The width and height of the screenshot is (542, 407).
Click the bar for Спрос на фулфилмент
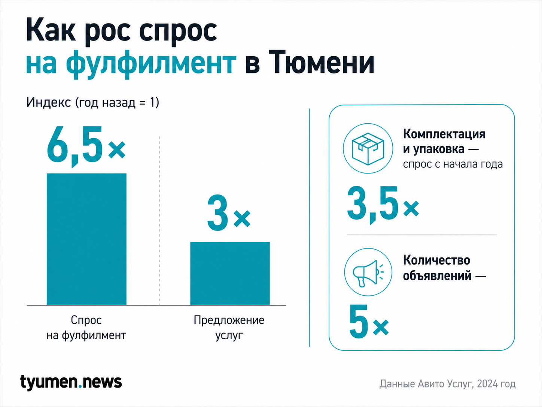pyautogui.click(x=86, y=239)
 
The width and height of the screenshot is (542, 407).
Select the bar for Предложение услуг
pyautogui.click(x=230, y=273)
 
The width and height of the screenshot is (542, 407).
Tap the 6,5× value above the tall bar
pyautogui.click(x=86, y=146)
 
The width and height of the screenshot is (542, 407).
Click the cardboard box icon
pyautogui.click(x=368, y=148)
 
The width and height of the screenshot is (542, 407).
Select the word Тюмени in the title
pyautogui.click(x=322, y=62)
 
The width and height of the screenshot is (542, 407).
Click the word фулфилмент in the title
pyautogui.click(x=151, y=64)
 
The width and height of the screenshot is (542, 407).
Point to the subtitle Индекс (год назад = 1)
pyautogui.click(x=92, y=102)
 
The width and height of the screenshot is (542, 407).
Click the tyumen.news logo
pyautogui.click(x=71, y=383)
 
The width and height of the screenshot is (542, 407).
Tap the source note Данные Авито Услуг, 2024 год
pyautogui.click(x=447, y=384)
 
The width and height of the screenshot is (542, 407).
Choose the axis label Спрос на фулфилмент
pyautogui.click(x=86, y=328)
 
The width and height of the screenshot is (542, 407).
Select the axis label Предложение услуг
pyautogui.click(x=229, y=328)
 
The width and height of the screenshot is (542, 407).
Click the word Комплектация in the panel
pyautogui.click(x=444, y=134)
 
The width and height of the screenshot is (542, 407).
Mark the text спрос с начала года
pyautogui.click(x=453, y=164)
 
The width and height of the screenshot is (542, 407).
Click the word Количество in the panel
pyautogui.click(x=436, y=260)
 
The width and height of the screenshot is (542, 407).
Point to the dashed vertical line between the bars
pyautogui.click(x=159, y=220)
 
